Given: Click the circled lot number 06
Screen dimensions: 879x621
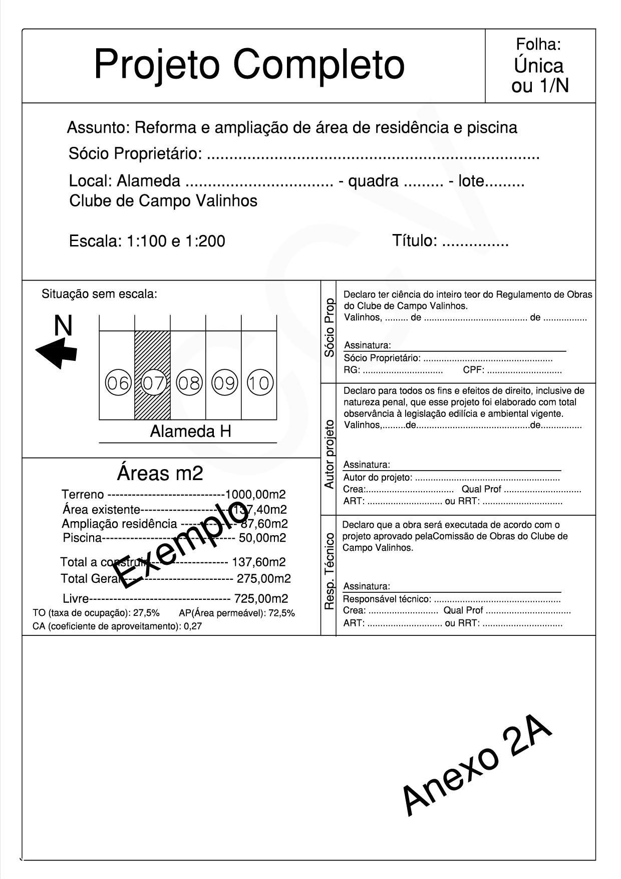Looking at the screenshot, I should [118, 383].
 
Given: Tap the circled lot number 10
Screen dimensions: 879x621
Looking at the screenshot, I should [259, 383].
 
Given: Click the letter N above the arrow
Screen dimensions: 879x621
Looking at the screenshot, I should [63, 326].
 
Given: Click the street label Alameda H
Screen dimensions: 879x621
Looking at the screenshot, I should [190, 431].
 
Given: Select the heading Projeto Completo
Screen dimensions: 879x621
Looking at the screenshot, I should [249, 65].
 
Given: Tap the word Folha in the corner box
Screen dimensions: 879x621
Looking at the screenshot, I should [538, 45].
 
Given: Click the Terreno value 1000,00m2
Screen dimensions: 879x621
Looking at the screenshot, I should [255, 495].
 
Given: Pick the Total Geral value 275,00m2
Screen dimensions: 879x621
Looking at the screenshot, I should [263, 579].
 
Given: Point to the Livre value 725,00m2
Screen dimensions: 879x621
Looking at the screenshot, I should [261, 598].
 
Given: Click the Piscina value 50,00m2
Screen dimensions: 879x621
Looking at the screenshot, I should [262, 538].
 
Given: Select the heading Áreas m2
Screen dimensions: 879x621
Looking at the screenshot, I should [160, 473].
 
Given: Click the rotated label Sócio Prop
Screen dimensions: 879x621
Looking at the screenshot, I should [329, 327].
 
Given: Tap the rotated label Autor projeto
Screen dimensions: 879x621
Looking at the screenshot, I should [329, 454].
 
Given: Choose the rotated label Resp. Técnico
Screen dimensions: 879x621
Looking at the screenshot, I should [329, 571].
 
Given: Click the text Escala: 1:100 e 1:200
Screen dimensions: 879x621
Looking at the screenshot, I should [147, 241].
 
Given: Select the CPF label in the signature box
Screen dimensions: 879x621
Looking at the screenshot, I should [473, 371].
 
